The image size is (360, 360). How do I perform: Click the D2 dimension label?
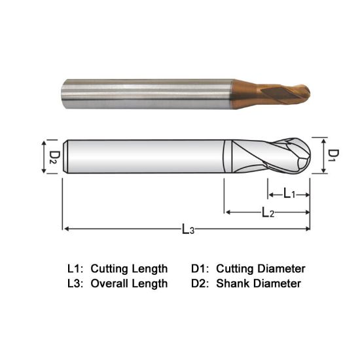(x=54, y=156)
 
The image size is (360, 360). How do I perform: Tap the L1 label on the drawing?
(x=289, y=194)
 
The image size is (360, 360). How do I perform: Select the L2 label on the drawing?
(x=268, y=212)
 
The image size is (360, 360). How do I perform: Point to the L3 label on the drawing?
(x=188, y=229)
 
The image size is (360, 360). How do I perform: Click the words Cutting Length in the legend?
(x=129, y=268)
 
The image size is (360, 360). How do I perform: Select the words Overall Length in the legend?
(x=129, y=283)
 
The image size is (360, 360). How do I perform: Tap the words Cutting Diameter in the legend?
(x=261, y=268)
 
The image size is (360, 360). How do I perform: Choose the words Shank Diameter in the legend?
(x=259, y=283)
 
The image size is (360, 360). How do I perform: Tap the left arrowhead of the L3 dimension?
(x=65, y=229)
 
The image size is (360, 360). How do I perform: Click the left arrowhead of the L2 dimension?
(x=227, y=212)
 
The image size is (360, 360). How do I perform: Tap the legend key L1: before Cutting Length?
(x=76, y=268)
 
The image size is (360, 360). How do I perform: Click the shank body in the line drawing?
(x=144, y=156)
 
